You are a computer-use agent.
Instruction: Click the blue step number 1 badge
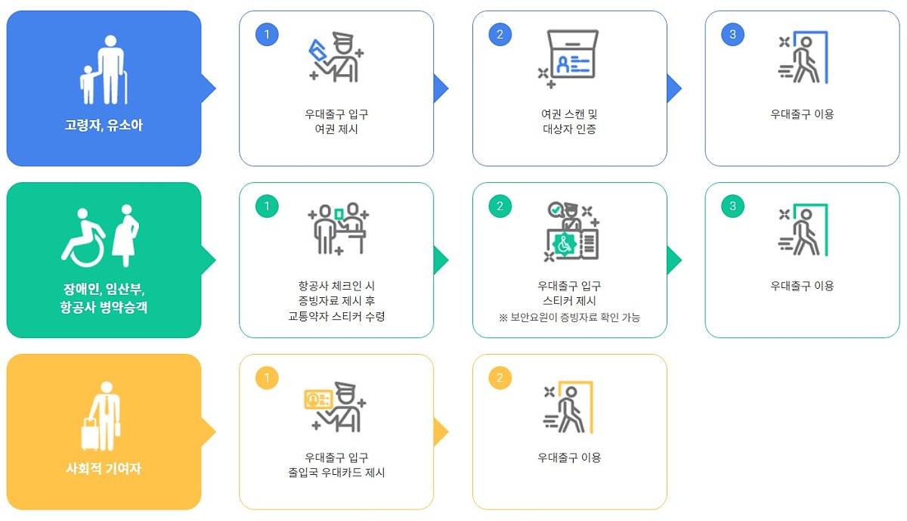[266, 34]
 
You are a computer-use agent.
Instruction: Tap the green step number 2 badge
[500, 206]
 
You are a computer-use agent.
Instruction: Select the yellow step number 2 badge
[500, 377]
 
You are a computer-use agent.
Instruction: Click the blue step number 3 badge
[732, 34]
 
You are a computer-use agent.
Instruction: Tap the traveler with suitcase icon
[103, 412]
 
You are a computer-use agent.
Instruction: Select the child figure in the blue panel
[88, 84]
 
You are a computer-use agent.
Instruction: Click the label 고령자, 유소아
[104, 126]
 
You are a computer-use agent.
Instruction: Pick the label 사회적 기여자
[104, 469]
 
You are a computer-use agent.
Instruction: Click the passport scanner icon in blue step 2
[570, 55]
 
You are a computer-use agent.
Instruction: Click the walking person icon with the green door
[803, 229]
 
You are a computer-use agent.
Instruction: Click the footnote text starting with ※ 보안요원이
[569, 318]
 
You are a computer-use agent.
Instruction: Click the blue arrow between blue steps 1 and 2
[440, 88]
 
